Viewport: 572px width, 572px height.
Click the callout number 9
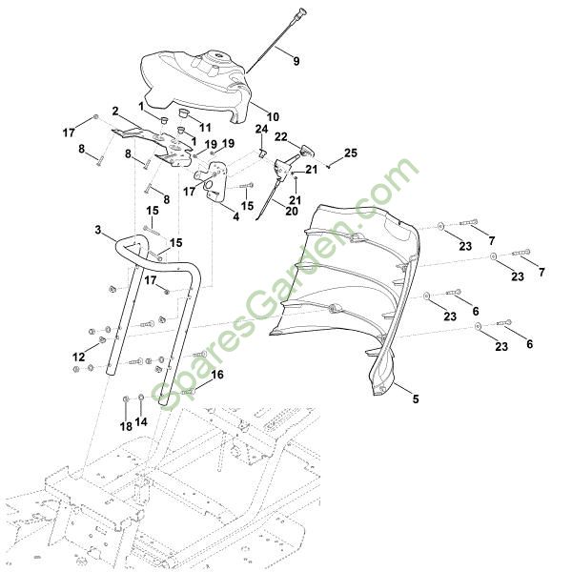click(x=296, y=61)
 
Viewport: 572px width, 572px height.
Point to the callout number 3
click(x=98, y=230)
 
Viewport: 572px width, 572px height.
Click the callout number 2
click(x=115, y=111)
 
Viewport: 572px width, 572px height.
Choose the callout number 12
click(x=78, y=357)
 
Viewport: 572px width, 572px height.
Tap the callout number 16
click(x=218, y=376)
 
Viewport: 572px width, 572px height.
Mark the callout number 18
click(x=126, y=426)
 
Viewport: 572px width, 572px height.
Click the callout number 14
click(x=142, y=421)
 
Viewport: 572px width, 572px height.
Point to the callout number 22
click(x=280, y=137)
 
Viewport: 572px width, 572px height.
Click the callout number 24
click(x=261, y=130)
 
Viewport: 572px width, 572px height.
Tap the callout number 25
click(x=350, y=153)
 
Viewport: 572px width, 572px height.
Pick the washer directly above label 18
click(x=127, y=398)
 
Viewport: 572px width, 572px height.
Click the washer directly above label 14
click(x=141, y=398)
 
